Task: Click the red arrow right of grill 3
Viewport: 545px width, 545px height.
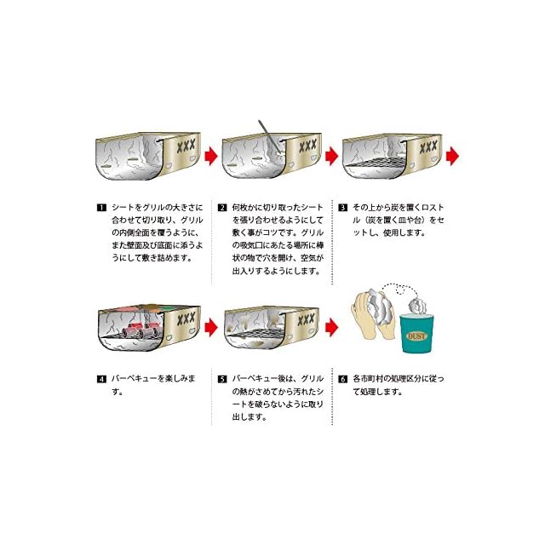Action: [452, 156]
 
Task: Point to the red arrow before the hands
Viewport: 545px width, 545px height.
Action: [331, 324]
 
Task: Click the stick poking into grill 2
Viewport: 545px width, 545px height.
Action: [267, 132]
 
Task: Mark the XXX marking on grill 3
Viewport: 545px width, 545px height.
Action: [427, 146]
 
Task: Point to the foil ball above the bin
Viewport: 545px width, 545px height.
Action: [420, 301]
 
